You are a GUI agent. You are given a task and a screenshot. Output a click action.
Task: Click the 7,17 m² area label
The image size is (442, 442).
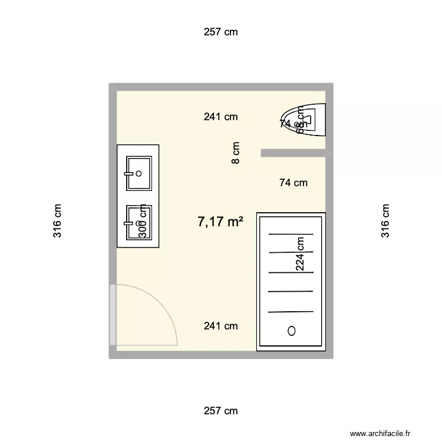tap(220, 222)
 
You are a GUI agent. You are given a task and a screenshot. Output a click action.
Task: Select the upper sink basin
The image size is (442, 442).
tap(139, 173)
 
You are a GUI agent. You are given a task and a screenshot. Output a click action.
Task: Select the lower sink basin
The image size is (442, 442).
tap(139, 223)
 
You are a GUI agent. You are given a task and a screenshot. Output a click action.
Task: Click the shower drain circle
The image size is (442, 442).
tap(291, 331)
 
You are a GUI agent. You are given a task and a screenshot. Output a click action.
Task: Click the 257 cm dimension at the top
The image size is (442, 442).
tap(220, 32)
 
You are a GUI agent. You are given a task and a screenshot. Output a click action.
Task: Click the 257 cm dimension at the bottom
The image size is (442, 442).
tap(220, 411)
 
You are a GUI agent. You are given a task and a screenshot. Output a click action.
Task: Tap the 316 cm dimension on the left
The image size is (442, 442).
tap(57, 221)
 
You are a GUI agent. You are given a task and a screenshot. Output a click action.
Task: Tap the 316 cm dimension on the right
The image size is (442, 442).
tap(385, 221)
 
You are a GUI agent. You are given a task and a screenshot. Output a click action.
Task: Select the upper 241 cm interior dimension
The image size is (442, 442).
tap(220, 117)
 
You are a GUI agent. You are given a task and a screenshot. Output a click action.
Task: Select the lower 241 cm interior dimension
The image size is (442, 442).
tap(220, 326)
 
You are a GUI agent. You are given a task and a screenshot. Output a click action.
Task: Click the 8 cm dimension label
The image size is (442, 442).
tap(236, 153)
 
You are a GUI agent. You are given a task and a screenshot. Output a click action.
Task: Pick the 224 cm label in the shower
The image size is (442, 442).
tap(301, 253)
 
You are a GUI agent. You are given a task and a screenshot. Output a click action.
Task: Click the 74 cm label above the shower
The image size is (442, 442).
tap(293, 183)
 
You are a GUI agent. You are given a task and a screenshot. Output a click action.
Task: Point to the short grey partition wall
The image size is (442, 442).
tap(293, 153)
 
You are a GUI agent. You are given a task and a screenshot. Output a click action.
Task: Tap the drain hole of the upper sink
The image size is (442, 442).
tap(139, 173)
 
